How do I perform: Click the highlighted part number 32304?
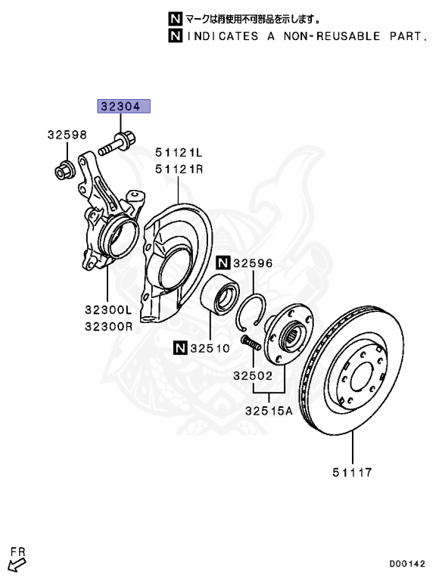(x=122, y=107)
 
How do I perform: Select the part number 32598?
(x=67, y=135)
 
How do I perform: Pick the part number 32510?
(x=207, y=348)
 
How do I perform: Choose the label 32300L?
(x=107, y=310)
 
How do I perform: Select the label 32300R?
(x=107, y=327)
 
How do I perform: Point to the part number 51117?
(x=351, y=474)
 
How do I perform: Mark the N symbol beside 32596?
(x=222, y=263)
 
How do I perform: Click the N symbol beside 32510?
(x=179, y=348)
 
